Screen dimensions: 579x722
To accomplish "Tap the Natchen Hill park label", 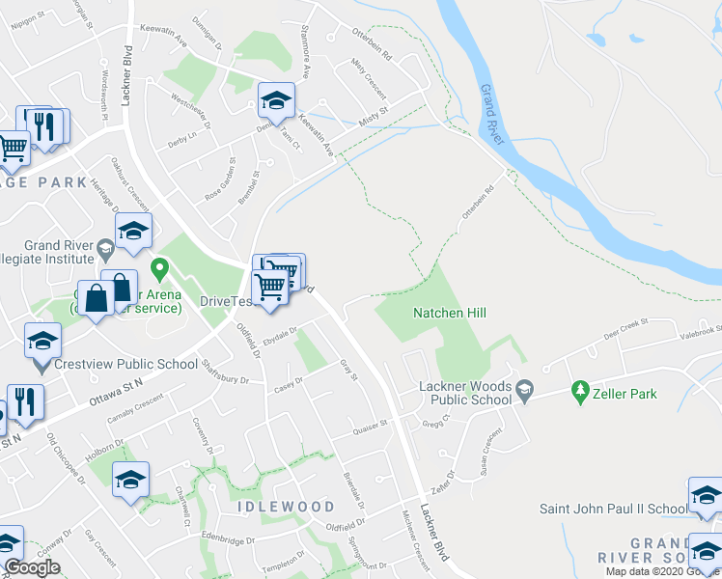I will pyautogui.click(x=450, y=313).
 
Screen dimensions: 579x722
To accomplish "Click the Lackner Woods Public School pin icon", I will pyautogui.click(x=524, y=391).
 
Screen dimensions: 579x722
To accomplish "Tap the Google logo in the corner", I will pyautogui.click(x=32, y=567).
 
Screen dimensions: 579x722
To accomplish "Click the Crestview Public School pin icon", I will pyautogui.click(x=41, y=366).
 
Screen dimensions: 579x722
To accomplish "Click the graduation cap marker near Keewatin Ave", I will pyautogui.click(x=275, y=100).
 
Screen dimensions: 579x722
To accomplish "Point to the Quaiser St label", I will pyautogui.click(x=370, y=424).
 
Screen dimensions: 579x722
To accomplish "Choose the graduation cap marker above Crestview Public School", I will pyautogui.click(x=42, y=339).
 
